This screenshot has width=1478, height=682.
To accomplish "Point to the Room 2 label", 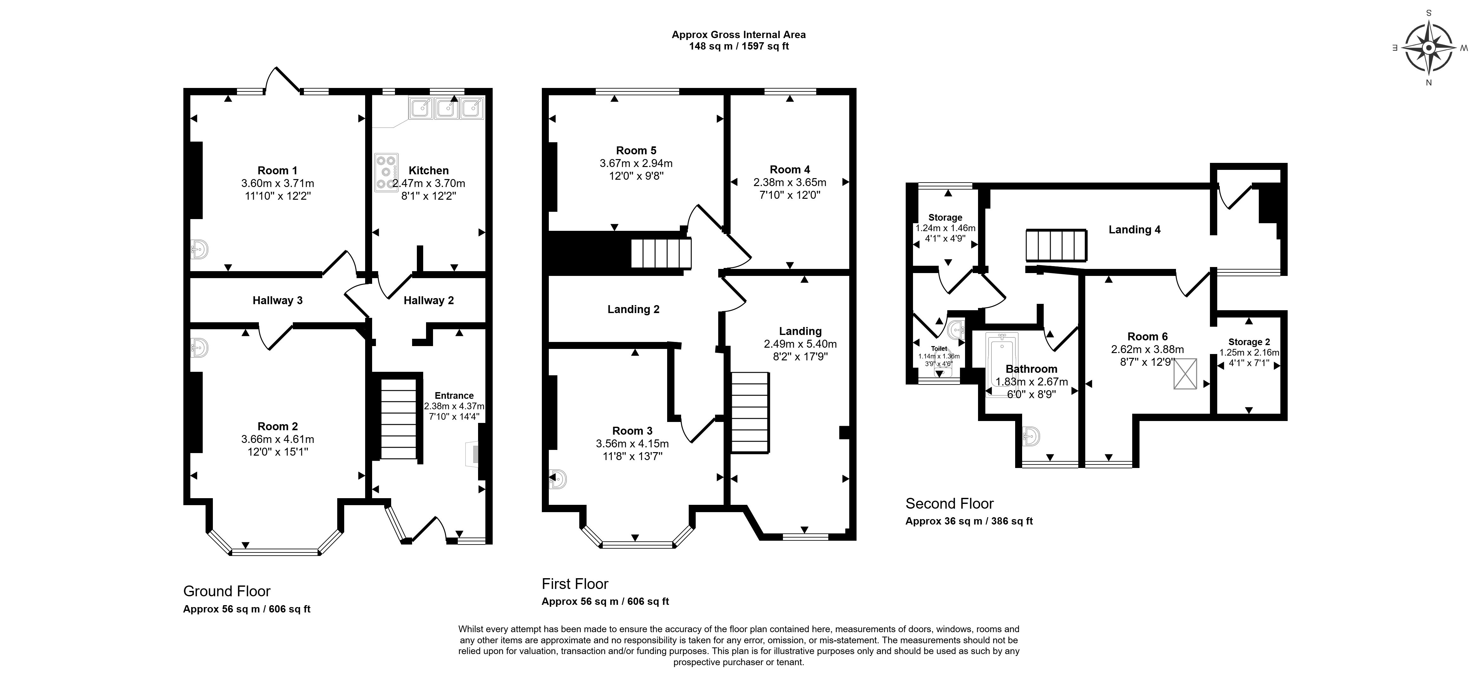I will pyautogui.click(x=278, y=426).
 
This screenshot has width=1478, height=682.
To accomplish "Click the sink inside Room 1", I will pyautogui.click(x=199, y=249).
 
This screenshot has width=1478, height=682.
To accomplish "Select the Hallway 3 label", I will pyautogui.click(x=277, y=300).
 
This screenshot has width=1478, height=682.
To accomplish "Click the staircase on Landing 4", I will pyautogui.click(x=1056, y=246).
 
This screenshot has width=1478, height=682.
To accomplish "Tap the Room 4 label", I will pyautogui.click(x=790, y=169).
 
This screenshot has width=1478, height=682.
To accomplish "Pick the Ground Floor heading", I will pyautogui.click(x=227, y=591).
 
